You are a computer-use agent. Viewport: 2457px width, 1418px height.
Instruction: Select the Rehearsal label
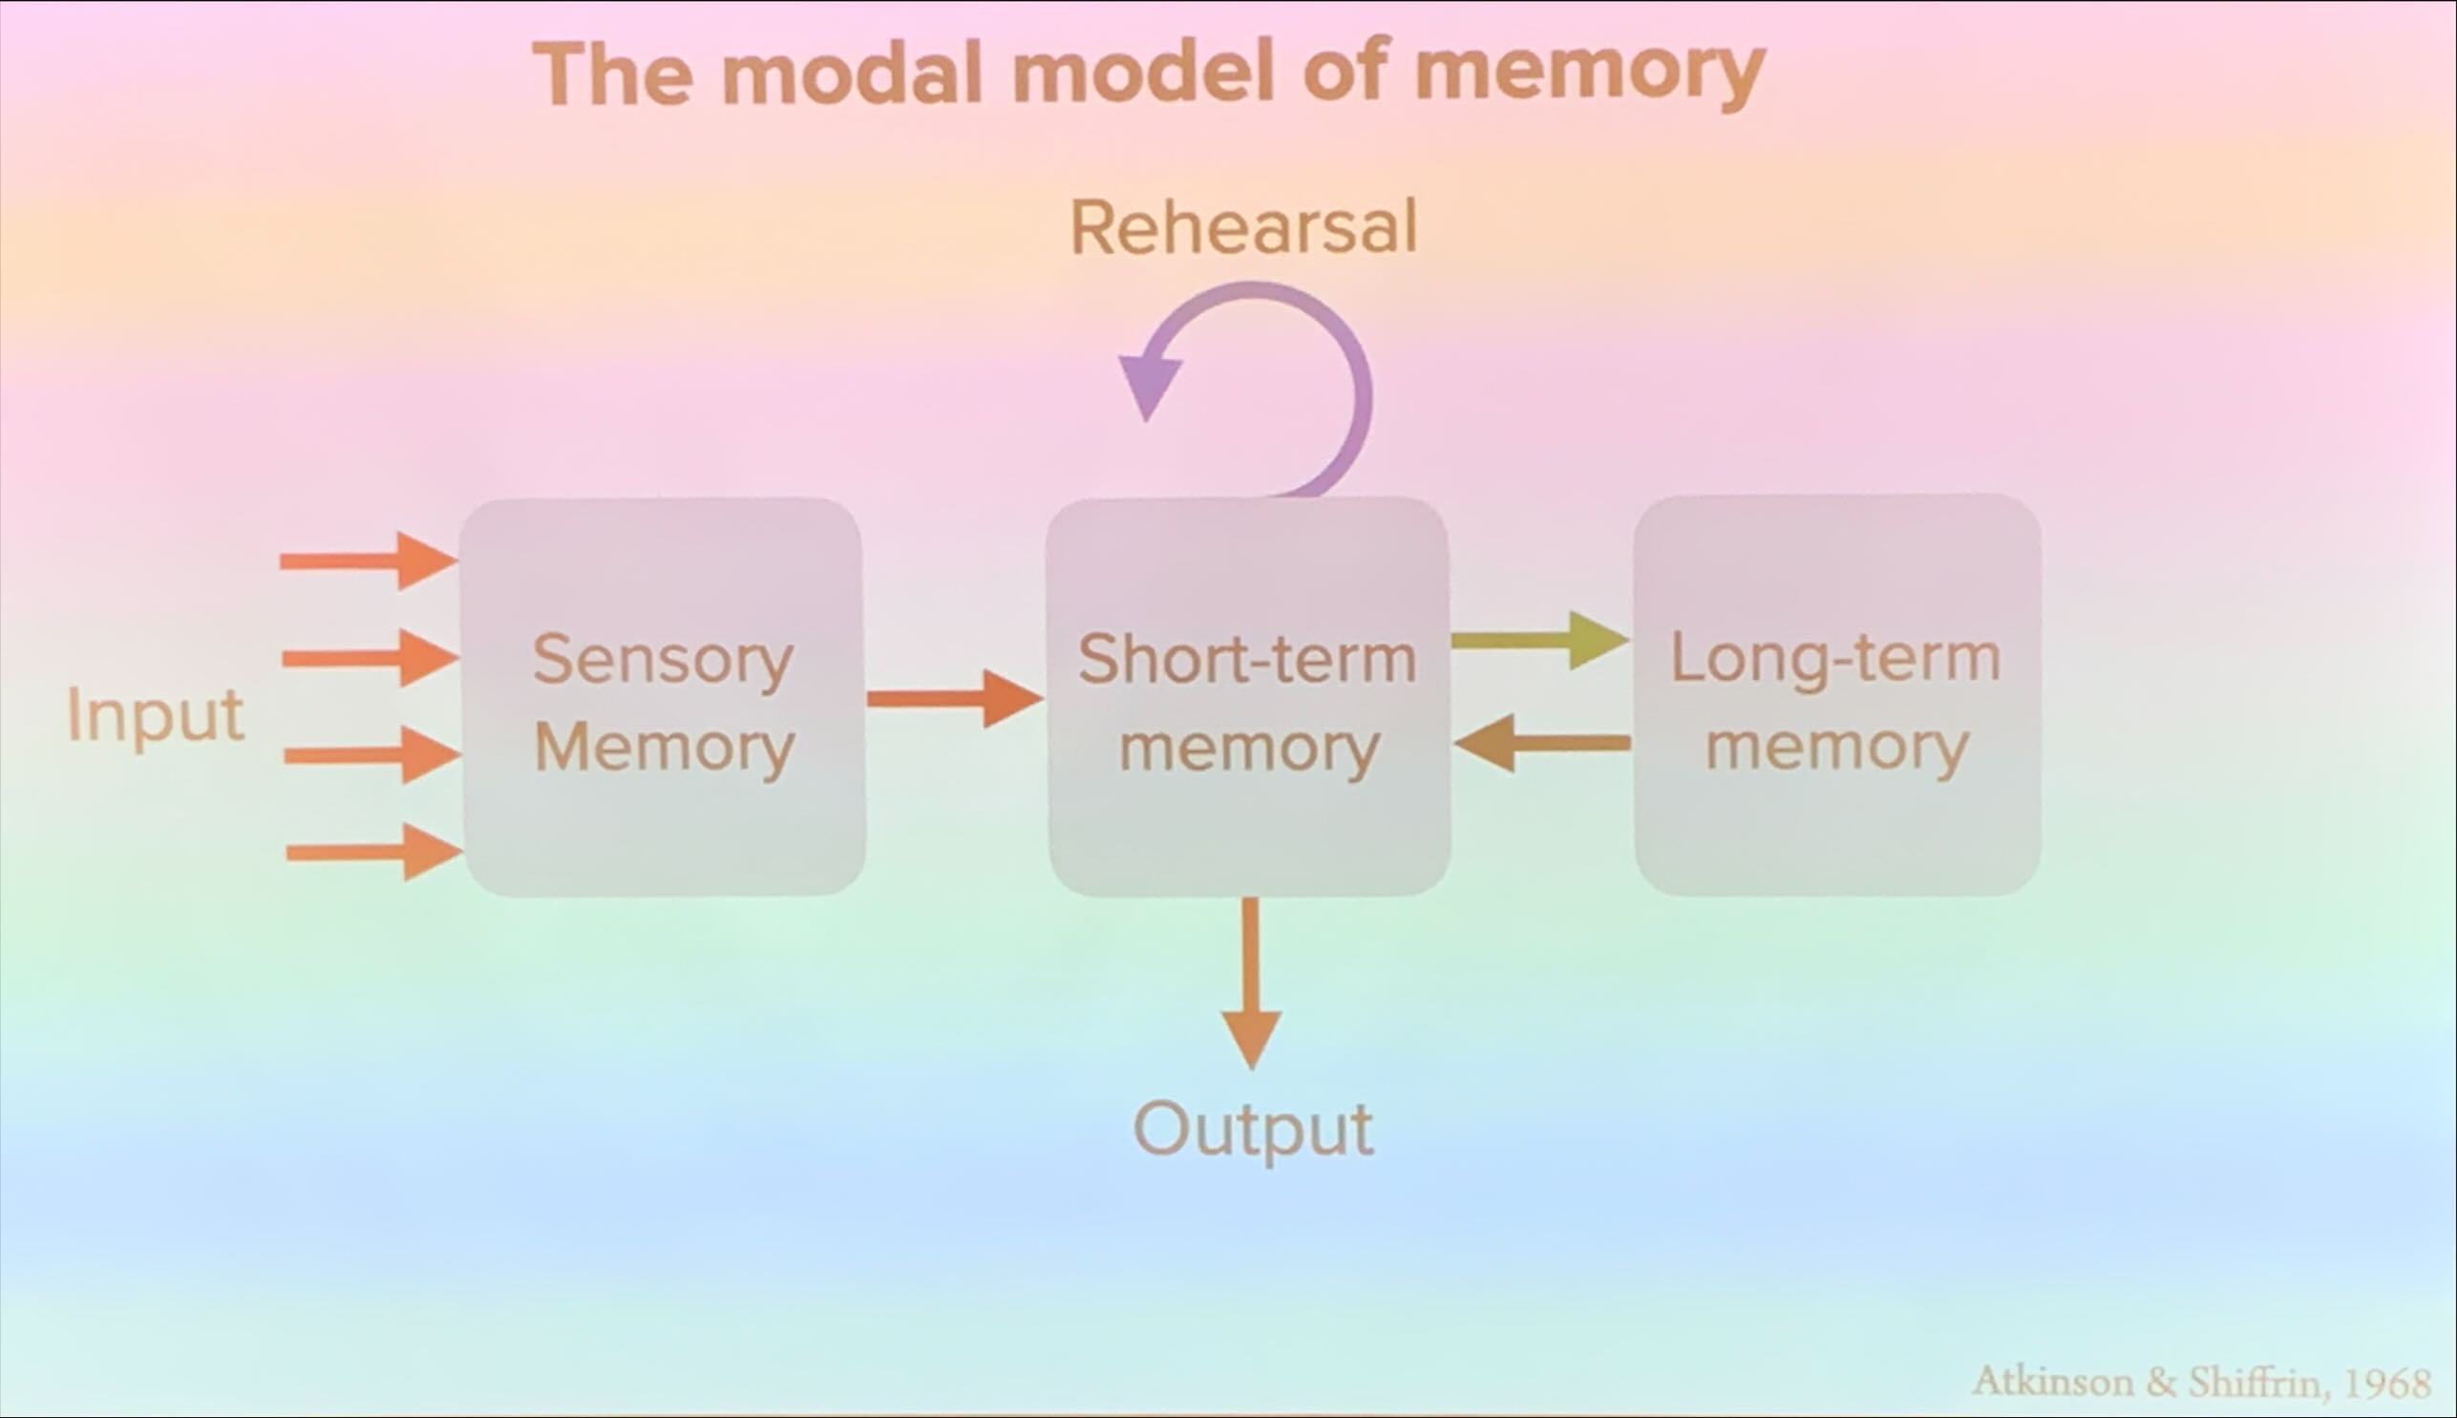(x=1243, y=227)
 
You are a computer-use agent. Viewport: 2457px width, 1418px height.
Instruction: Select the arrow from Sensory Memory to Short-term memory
(x=954, y=698)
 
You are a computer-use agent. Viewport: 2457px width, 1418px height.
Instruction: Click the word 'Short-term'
(x=1246, y=659)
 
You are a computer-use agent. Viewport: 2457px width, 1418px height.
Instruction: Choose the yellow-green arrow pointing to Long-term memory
(x=1538, y=640)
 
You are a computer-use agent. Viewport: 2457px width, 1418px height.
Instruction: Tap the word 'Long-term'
(x=1835, y=658)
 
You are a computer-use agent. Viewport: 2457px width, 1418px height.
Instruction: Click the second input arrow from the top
(x=371, y=658)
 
